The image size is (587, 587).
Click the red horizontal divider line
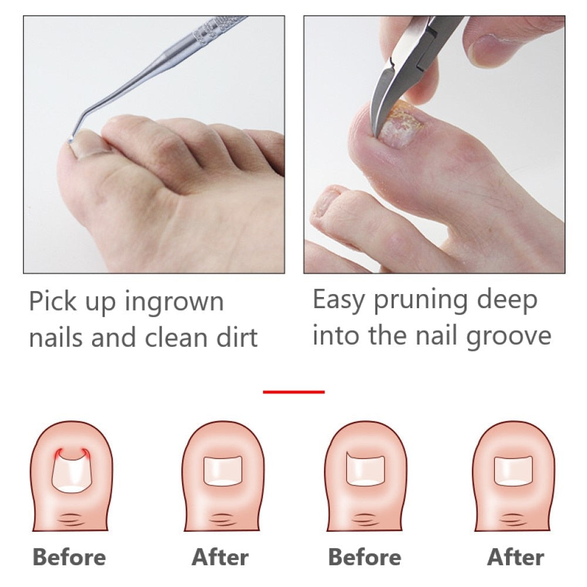click(x=293, y=392)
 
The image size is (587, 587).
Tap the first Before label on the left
click(x=69, y=557)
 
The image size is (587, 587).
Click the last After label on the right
click(x=516, y=557)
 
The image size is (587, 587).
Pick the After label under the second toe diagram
click(x=220, y=557)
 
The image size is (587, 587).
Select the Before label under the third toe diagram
click(x=365, y=557)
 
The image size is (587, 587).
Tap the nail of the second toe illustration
click(x=222, y=470)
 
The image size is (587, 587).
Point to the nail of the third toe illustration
click(x=365, y=470)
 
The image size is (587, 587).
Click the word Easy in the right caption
click(x=338, y=301)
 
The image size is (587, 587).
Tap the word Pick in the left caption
click(x=52, y=302)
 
